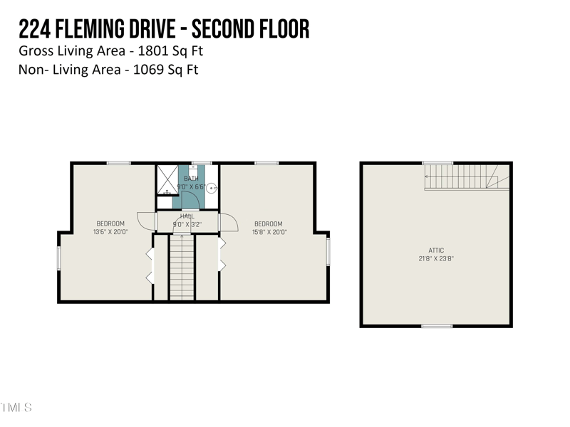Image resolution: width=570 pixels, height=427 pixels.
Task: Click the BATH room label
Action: coord(190,179)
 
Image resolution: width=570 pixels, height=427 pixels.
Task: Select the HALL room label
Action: coord(187,216)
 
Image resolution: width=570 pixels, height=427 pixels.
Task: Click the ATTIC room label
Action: coord(436,251)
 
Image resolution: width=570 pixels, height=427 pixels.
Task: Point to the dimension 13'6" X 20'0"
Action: coord(110,231)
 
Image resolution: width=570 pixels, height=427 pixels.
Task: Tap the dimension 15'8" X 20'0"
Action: coord(269,231)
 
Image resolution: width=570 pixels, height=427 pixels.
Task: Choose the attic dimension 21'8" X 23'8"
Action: coord(436,259)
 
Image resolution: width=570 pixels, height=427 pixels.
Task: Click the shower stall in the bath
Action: coord(168,177)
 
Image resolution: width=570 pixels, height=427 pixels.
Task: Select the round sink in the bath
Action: coord(211,188)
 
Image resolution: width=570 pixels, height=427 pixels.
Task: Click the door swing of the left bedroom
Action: coord(146,221)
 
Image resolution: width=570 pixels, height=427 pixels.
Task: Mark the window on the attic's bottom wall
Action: coord(436,326)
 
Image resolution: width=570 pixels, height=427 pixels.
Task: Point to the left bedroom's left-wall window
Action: coord(59,258)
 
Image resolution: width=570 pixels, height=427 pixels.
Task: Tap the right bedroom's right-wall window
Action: coord(328,251)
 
